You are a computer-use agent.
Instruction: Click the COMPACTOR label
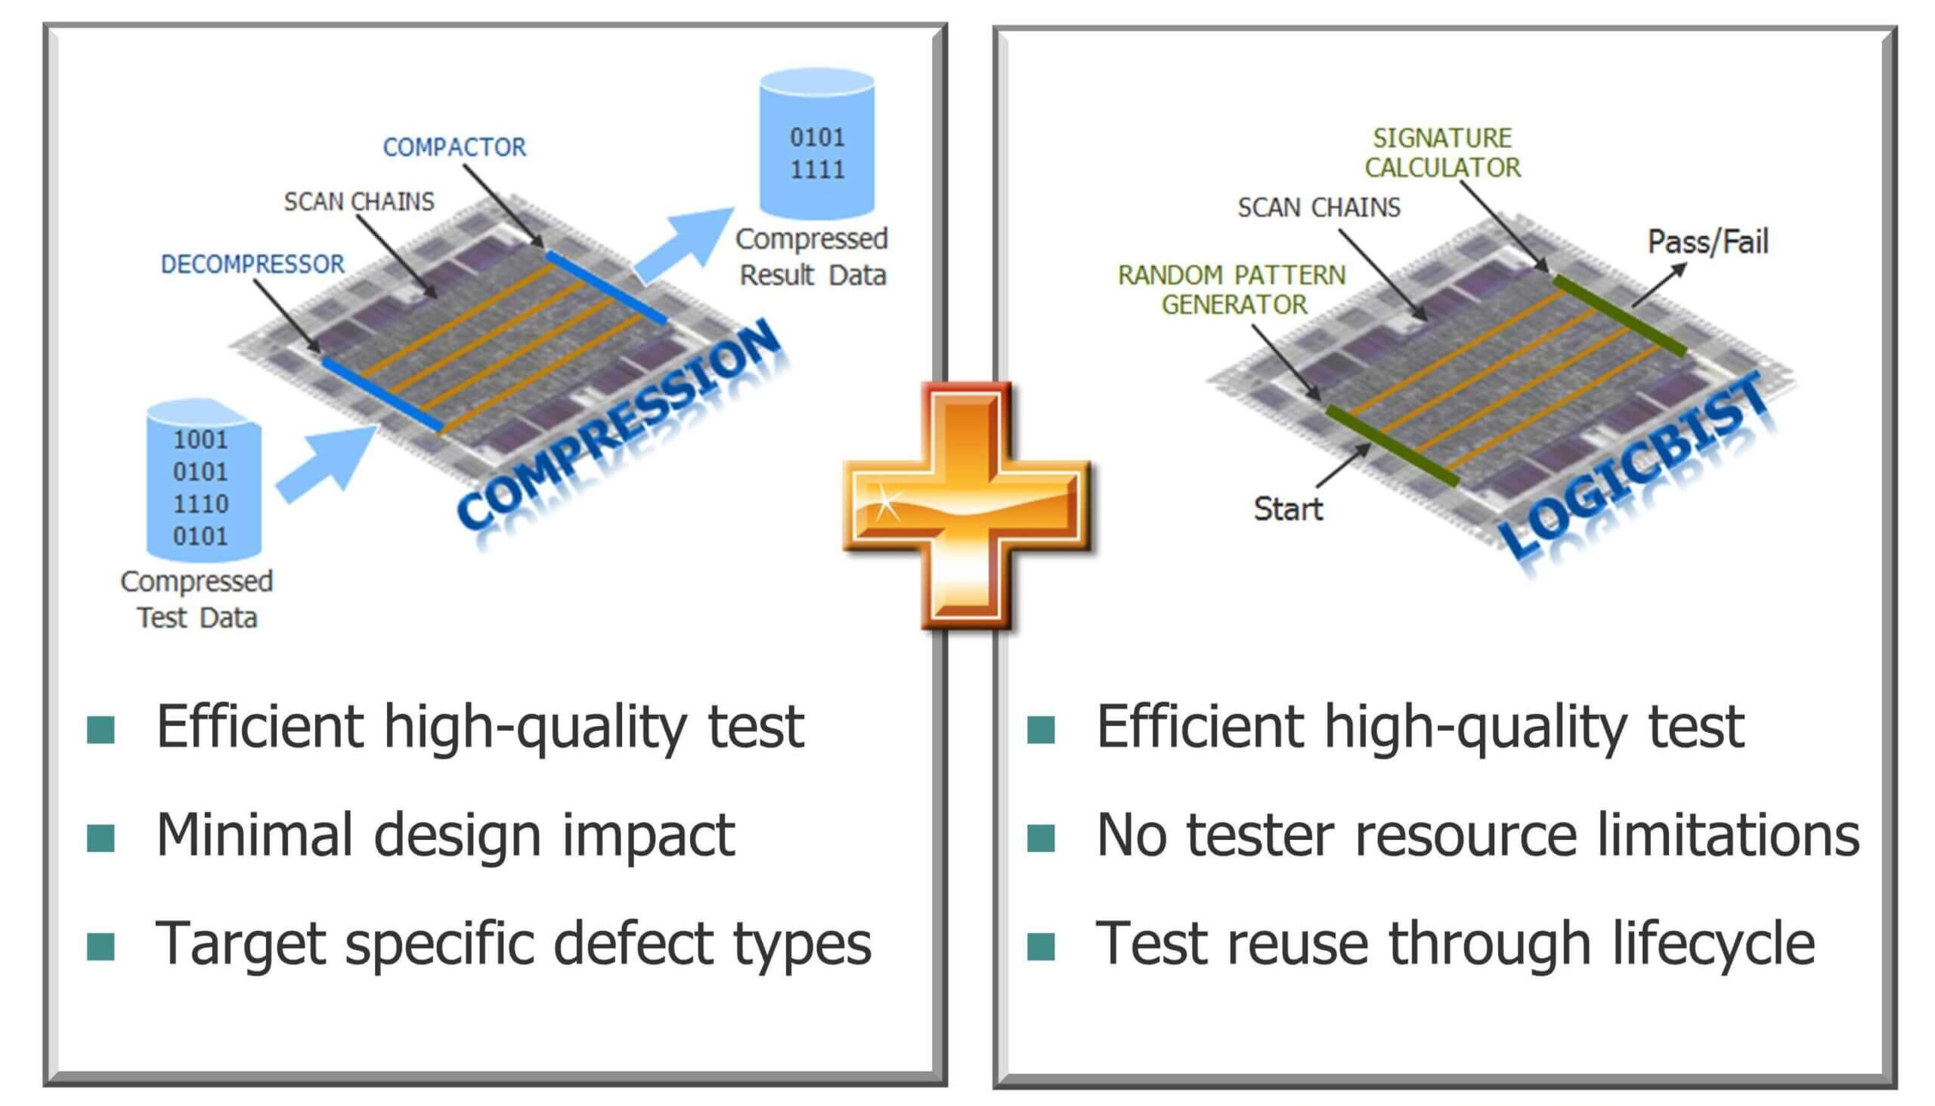click(x=454, y=147)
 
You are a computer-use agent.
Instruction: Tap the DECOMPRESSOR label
click(x=252, y=265)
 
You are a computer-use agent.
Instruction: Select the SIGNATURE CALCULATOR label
click(x=1442, y=153)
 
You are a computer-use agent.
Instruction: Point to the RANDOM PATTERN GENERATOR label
click(x=1231, y=290)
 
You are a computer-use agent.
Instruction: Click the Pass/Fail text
click(x=1707, y=242)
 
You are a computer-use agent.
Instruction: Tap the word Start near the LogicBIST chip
click(x=1287, y=509)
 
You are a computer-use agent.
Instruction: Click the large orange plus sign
click(x=966, y=505)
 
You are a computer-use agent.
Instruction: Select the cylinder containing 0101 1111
click(x=817, y=144)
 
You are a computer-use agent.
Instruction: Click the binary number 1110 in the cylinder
click(x=200, y=503)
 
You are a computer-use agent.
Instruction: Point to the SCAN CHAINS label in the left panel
click(x=358, y=201)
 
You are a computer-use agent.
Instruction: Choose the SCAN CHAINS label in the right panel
click(x=1318, y=207)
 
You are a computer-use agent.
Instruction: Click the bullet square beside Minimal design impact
click(x=101, y=838)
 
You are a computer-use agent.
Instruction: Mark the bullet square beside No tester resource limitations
click(x=1040, y=838)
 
